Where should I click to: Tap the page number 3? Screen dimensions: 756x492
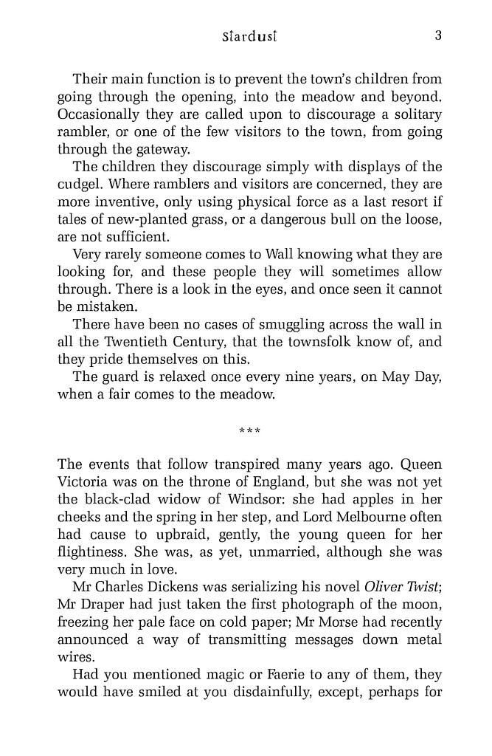click(x=437, y=35)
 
